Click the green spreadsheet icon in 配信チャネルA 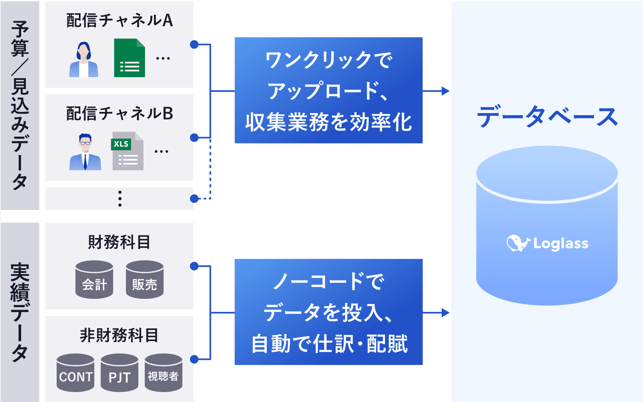pos(130,58)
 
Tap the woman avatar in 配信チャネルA pos(84,59)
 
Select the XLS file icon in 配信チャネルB pos(128,151)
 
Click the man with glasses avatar pos(85,152)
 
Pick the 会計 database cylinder pos(94,279)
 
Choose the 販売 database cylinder pos(145,279)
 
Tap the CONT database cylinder pos(75,373)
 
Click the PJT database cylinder pos(120,373)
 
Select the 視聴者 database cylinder pos(163,373)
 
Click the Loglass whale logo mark pos(517,243)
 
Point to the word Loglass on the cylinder pos(561,244)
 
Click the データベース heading pos(547,116)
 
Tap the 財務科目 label pos(119,242)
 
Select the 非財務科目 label pos(119,335)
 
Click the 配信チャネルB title pos(120,113)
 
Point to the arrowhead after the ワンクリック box pos(446,91)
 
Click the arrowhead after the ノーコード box pos(446,312)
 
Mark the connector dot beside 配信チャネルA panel pos(195,45)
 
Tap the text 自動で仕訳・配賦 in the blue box pos(329,344)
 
